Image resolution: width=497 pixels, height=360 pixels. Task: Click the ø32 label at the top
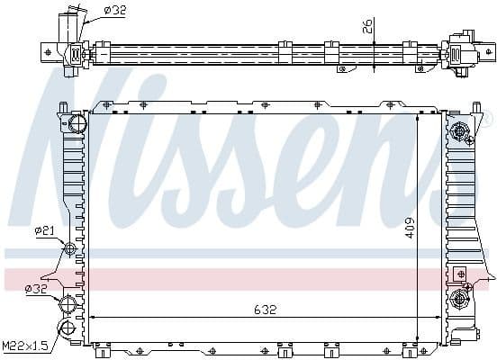click(x=114, y=10)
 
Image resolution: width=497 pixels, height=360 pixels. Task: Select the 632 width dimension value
click(x=265, y=309)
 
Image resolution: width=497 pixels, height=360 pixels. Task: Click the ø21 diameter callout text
click(x=45, y=231)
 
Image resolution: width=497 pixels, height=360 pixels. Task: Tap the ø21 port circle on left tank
click(x=70, y=248)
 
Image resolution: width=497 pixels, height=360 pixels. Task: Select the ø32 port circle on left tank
click(x=68, y=301)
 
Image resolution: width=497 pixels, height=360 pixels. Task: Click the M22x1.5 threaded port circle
click(x=66, y=328)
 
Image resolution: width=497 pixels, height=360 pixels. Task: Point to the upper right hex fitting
click(x=463, y=132)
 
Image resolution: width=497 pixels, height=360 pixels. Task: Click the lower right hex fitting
click(x=462, y=298)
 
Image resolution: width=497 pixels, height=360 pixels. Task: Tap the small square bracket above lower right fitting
click(x=462, y=274)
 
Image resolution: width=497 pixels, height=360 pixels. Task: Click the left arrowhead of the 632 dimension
click(x=91, y=317)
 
